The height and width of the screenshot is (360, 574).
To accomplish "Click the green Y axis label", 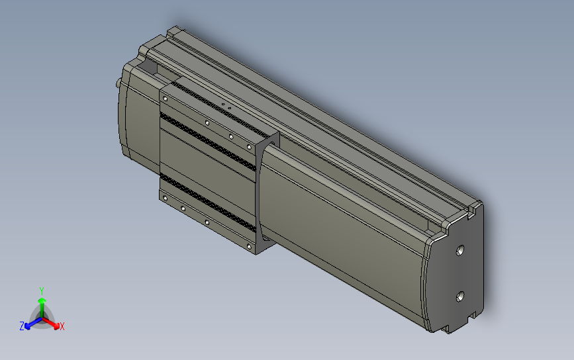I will (x=41, y=291).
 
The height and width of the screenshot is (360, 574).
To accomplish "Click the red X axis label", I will (x=62, y=326).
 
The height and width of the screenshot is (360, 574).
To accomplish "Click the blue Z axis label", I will (x=22, y=326).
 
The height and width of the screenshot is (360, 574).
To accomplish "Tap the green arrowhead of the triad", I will (x=41, y=302).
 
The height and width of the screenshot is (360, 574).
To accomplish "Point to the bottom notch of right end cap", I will (x=472, y=316).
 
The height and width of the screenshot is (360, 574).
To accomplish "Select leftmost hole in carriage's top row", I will (x=164, y=98).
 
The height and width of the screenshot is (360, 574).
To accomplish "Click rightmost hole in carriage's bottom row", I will (x=250, y=246).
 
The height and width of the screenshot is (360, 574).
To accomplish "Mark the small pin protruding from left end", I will (x=119, y=83).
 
